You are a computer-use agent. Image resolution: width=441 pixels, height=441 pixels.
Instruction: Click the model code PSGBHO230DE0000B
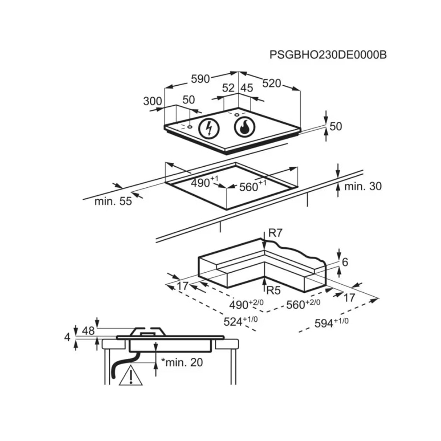(328, 55)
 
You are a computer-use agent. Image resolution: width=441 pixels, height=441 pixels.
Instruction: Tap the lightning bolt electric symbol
(209, 128)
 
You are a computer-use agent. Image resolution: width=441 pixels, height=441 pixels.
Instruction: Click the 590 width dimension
(200, 79)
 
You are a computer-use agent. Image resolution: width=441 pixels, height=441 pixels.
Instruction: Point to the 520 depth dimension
(271, 84)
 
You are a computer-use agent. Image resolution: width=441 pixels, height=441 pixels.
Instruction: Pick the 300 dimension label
(152, 101)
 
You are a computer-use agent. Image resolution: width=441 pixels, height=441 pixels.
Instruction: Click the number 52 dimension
(228, 88)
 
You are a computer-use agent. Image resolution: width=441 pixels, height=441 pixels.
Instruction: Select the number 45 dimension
(246, 88)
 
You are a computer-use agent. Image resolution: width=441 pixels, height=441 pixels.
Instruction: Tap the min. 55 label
(113, 201)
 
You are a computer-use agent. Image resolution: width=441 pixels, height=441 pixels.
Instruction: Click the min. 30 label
(363, 186)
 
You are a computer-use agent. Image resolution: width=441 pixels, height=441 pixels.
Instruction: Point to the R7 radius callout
(275, 233)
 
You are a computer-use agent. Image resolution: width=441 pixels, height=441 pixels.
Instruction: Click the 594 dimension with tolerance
(330, 322)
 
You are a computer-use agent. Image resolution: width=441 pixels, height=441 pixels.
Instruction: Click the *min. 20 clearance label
(181, 363)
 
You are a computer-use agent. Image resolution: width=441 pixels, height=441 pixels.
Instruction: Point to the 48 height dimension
(88, 331)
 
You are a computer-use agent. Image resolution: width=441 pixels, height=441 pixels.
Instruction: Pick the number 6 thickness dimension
(345, 262)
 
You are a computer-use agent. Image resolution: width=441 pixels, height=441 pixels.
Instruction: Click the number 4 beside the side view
(67, 337)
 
